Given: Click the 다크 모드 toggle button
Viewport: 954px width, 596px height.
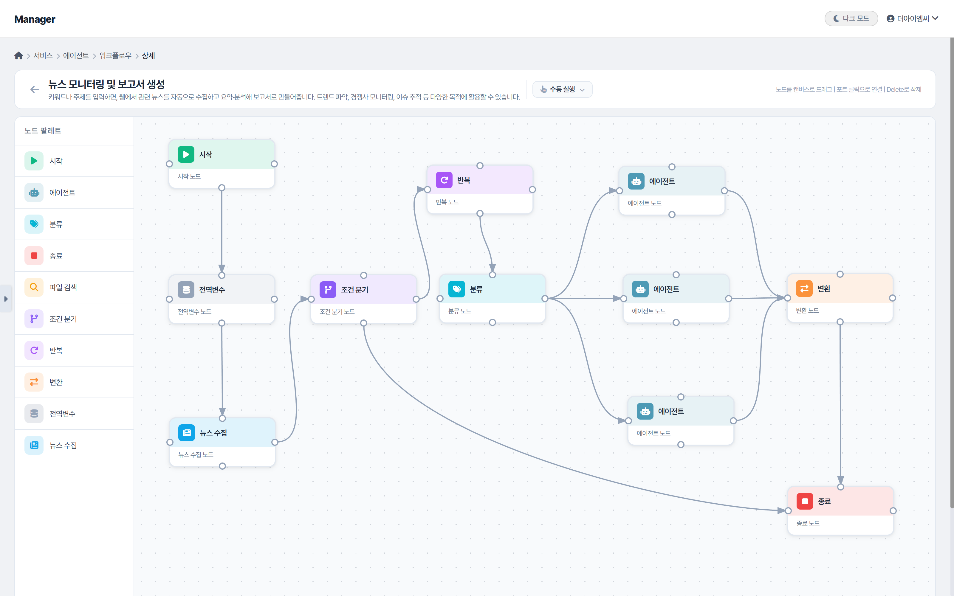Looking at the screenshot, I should click(x=851, y=18).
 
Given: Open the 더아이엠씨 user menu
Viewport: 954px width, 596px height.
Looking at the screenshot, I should click(x=912, y=18).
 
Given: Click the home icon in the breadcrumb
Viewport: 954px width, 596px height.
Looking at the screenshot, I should click(x=18, y=56).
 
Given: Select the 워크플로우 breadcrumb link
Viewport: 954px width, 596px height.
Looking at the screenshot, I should click(x=115, y=56).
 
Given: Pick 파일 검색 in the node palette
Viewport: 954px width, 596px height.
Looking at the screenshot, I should click(x=63, y=287).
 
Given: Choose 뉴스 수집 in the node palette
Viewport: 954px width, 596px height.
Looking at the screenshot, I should click(x=63, y=446).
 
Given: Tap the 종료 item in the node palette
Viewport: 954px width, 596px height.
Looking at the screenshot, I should click(x=56, y=256).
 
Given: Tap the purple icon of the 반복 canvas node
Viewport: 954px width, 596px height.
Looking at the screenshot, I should click(x=444, y=180).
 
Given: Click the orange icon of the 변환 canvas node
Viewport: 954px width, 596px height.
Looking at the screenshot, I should click(x=804, y=288).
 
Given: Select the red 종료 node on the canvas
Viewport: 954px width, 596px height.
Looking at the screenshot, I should click(x=840, y=510).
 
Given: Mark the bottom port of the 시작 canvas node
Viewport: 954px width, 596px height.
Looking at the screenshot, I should click(x=222, y=188).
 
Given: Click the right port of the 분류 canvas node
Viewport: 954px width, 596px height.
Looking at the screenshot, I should click(x=545, y=299).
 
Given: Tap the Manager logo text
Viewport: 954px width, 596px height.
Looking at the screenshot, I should click(x=35, y=19).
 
